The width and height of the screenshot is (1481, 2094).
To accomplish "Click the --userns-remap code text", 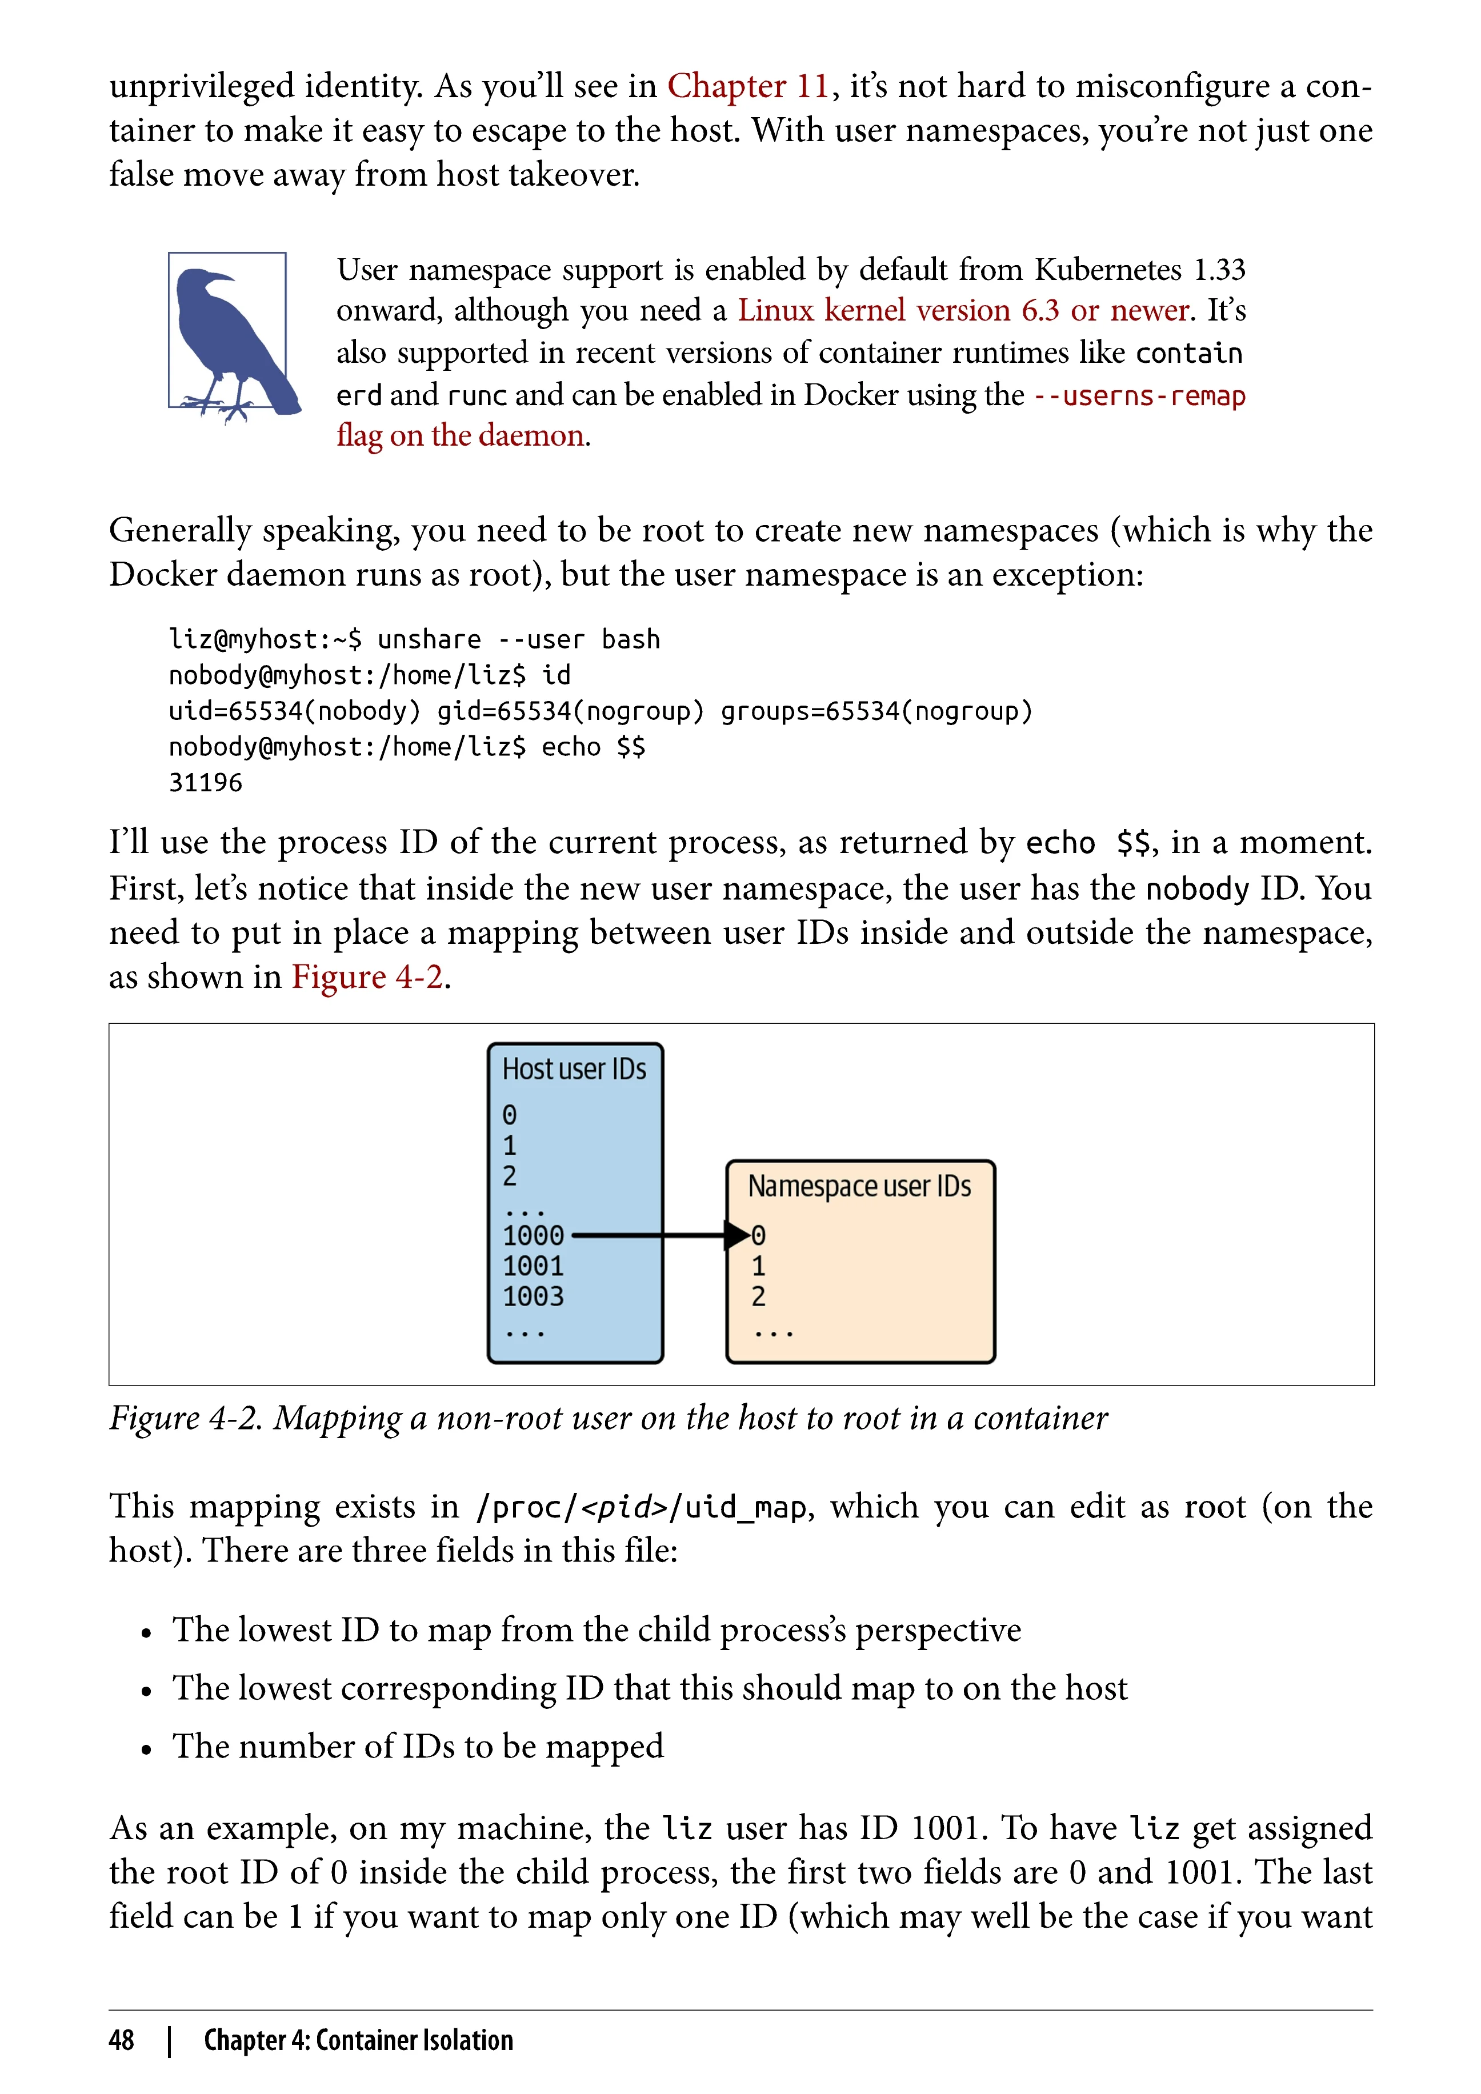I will [1139, 396].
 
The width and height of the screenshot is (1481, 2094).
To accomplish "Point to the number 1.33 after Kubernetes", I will [1219, 270].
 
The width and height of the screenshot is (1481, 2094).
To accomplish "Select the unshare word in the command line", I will [429, 639].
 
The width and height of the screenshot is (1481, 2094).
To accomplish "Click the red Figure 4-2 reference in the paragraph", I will [367, 977].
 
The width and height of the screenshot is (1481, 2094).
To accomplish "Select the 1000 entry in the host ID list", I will [534, 1236].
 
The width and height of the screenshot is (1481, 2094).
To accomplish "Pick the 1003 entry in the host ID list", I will [534, 1296].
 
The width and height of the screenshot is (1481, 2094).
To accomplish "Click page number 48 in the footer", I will [121, 2040].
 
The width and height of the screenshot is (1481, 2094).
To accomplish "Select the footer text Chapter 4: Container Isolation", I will [358, 2040].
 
